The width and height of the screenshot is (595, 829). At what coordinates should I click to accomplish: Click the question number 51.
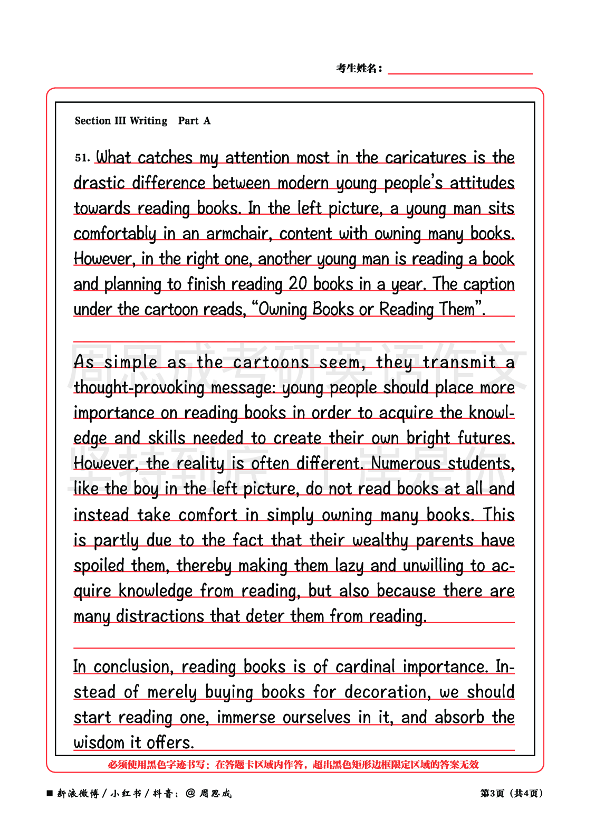[82, 157]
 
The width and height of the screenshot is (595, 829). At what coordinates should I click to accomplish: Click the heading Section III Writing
[121, 121]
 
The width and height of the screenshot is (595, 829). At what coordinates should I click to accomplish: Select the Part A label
[194, 121]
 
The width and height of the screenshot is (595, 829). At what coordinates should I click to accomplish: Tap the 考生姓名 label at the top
[359, 68]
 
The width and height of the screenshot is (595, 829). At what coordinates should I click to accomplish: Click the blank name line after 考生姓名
[459, 70]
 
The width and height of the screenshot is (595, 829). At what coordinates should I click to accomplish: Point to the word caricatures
[425, 158]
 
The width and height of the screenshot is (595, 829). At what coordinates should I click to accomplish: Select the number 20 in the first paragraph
[298, 284]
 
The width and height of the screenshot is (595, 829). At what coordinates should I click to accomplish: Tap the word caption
[488, 284]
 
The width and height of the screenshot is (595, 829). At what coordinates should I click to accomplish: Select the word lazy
[349, 566]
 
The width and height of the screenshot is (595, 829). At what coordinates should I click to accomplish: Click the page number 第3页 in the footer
[492, 793]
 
